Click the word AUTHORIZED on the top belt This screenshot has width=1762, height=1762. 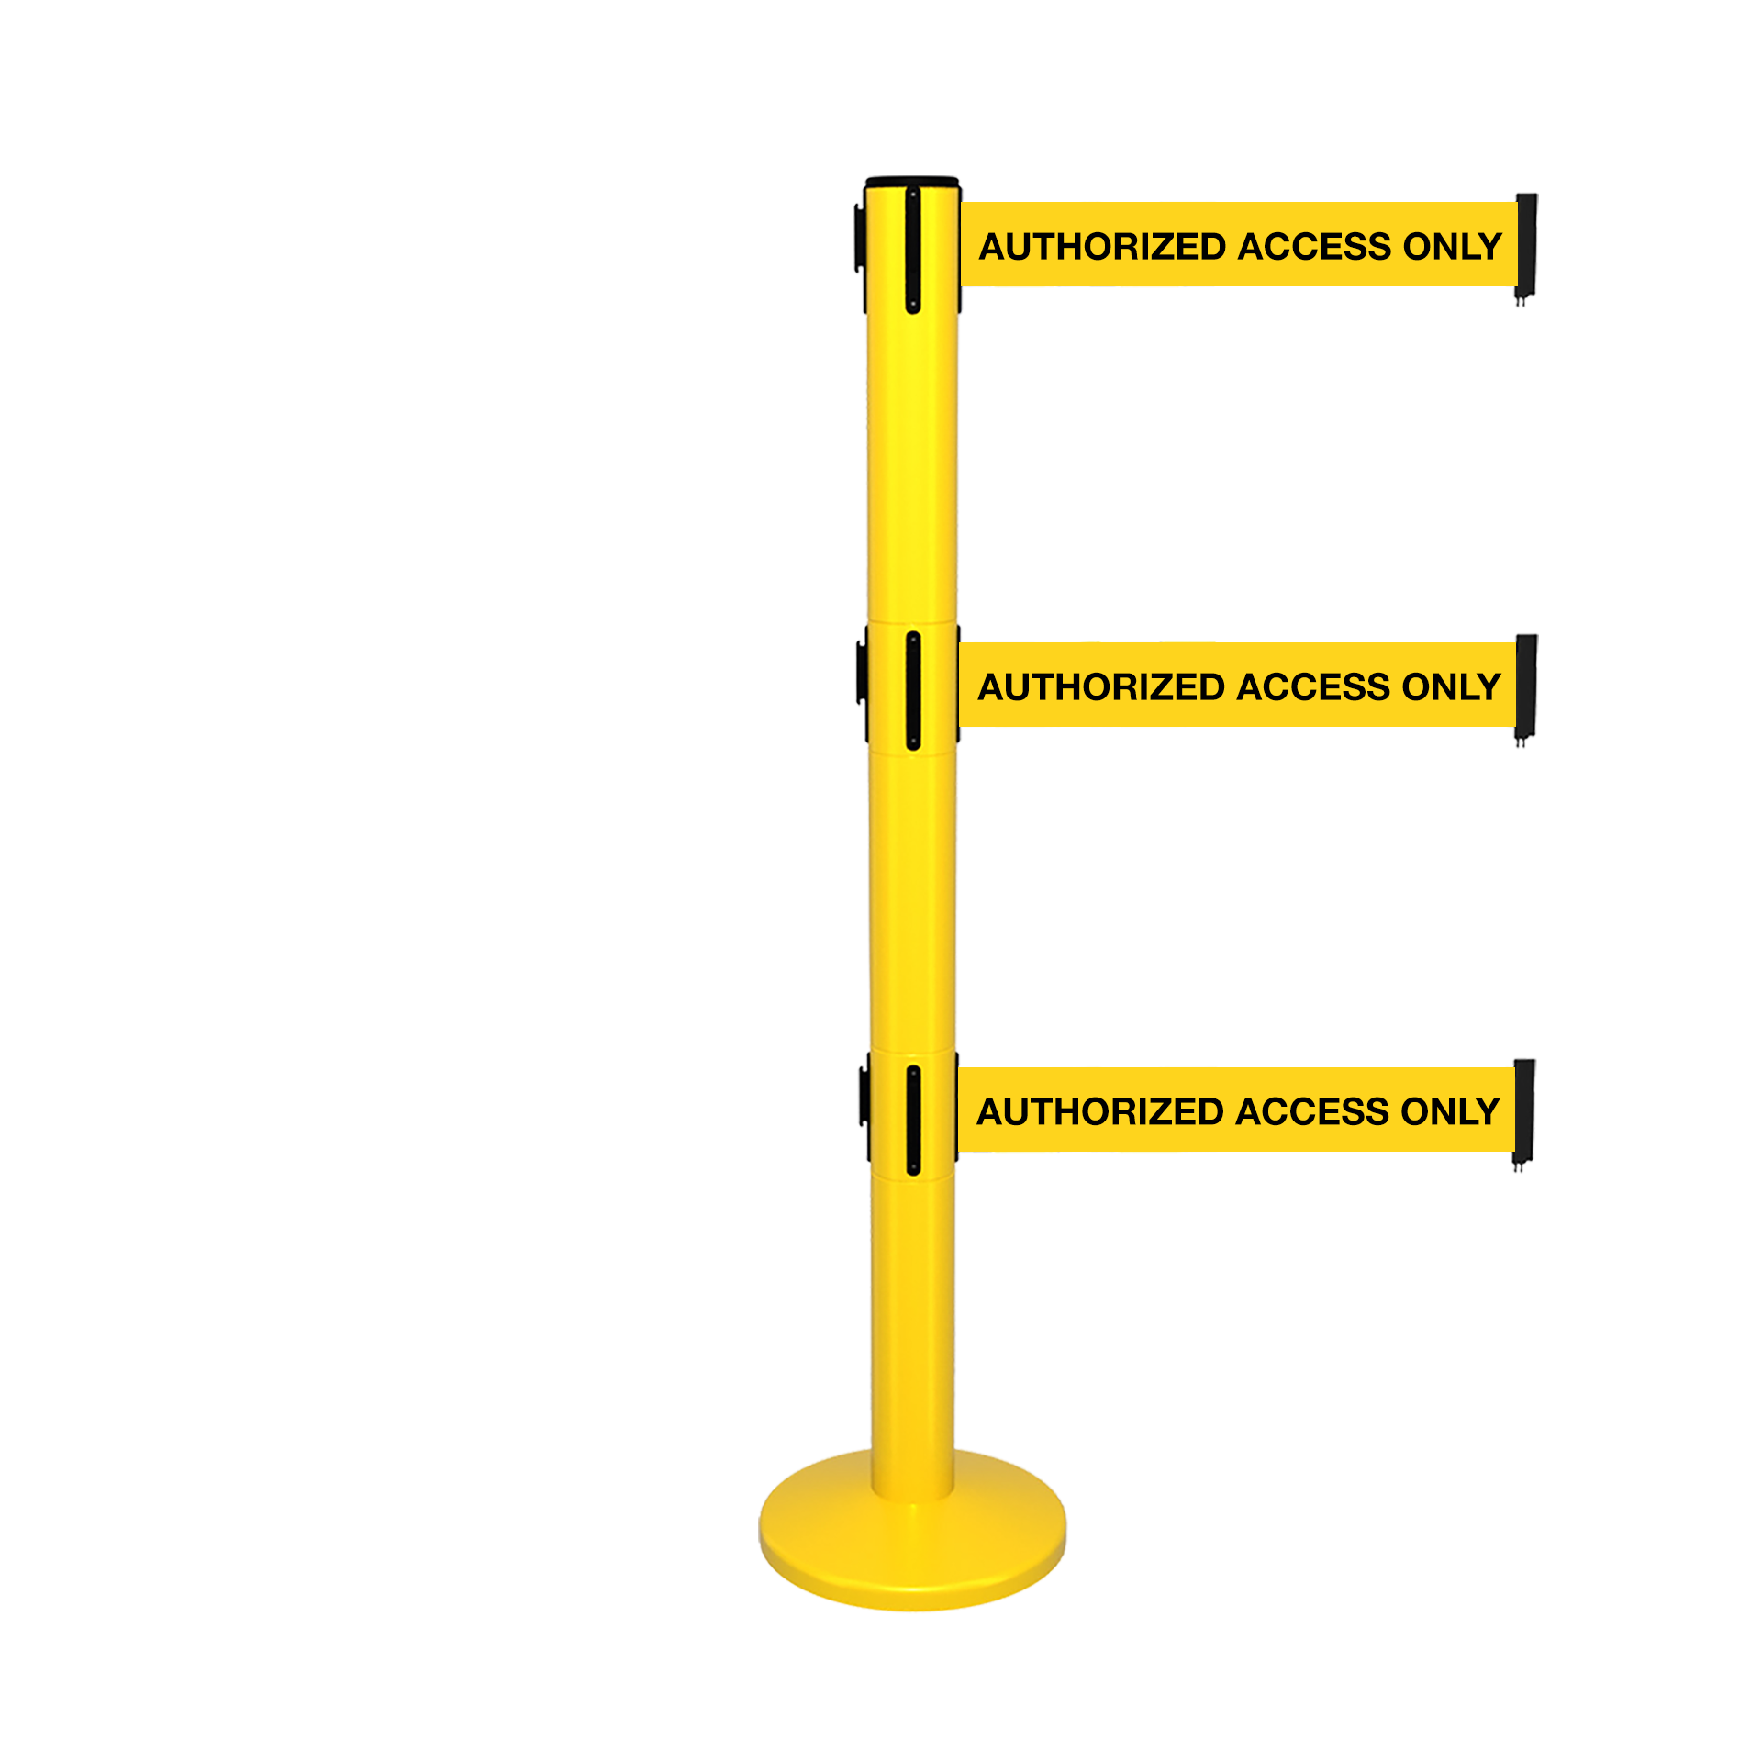click(x=1103, y=247)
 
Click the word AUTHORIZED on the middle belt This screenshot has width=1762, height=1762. click(x=1102, y=687)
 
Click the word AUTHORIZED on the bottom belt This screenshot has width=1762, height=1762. click(x=1101, y=1112)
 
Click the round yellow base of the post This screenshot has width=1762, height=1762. click(x=912, y=1551)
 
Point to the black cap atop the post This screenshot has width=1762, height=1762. click(x=912, y=182)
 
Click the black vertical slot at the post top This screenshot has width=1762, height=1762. click(x=913, y=250)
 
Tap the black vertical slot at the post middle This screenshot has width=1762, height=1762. click(x=913, y=690)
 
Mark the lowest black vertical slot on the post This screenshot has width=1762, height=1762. click(x=913, y=1120)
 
